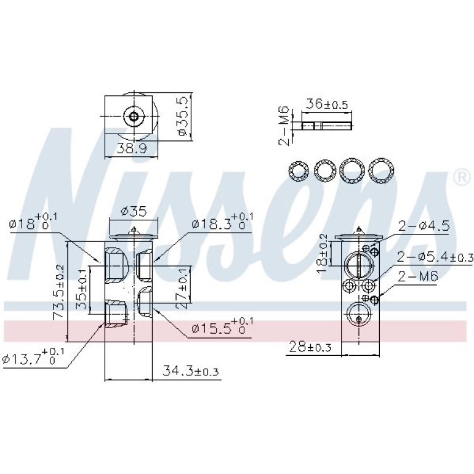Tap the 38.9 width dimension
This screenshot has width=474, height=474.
click(132, 148)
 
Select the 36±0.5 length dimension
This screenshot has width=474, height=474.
click(327, 104)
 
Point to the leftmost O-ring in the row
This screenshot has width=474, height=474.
click(299, 171)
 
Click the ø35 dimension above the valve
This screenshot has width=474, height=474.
click(134, 211)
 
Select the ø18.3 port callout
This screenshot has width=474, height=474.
click(219, 222)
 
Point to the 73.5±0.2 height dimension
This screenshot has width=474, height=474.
click(58, 292)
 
